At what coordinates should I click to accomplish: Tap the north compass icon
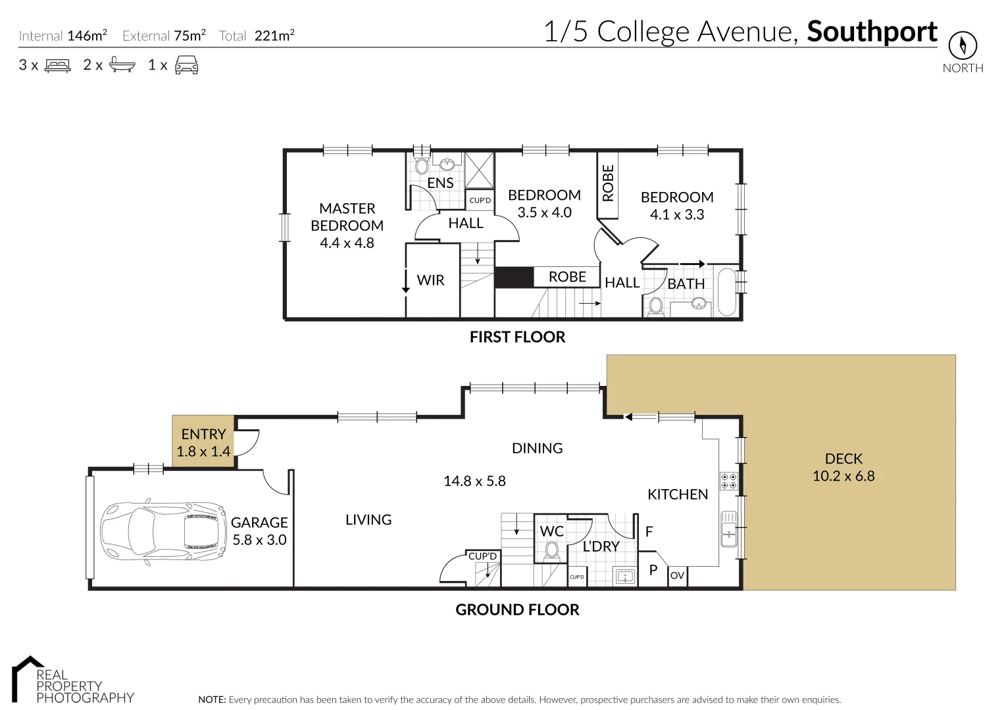click(x=962, y=46)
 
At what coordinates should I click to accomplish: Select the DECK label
click(x=843, y=459)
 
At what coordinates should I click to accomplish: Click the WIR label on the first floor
click(x=430, y=281)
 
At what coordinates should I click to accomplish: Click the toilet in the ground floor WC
click(x=552, y=550)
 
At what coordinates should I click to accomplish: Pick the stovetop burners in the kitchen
click(x=728, y=481)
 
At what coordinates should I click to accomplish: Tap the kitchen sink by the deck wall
click(x=728, y=529)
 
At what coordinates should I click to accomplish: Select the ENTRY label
click(x=203, y=435)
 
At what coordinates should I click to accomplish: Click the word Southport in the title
click(x=872, y=32)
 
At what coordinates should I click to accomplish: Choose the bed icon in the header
click(x=57, y=65)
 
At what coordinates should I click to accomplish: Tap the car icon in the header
click(x=187, y=65)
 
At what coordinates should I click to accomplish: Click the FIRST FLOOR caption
click(x=517, y=337)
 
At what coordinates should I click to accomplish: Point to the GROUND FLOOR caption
click(x=517, y=610)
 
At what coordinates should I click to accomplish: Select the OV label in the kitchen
click(x=677, y=576)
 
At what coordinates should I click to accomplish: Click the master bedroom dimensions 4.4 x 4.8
click(x=347, y=243)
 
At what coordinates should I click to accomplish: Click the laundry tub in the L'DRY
click(x=624, y=577)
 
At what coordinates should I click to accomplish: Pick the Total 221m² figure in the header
click(x=257, y=35)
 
